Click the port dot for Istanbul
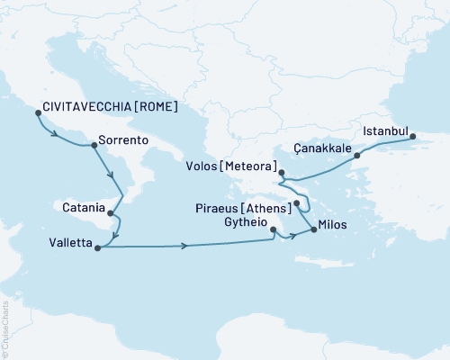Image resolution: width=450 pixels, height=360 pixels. pyautogui.click(x=413, y=138)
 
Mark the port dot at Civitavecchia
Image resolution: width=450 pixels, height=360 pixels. pyautogui.click(x=38, y=112)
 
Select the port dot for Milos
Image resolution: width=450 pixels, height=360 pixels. pyautogui.click(x=313, y=230)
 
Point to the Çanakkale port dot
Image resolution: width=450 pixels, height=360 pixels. pyautogui.click(x=357, y=156)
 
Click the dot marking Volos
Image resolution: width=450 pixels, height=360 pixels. pyautogui.click(x=281, y=173)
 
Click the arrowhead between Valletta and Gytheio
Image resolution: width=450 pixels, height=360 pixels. pyautogui.click(x=184, y=245)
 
